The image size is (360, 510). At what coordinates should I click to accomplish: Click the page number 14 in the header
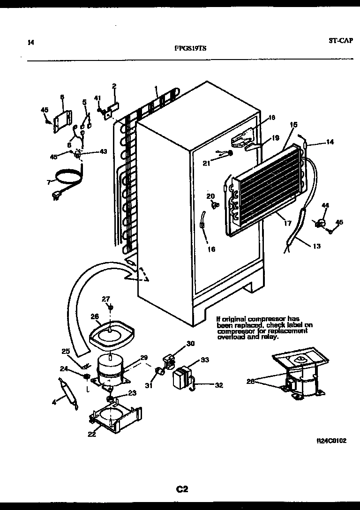click(31, 43)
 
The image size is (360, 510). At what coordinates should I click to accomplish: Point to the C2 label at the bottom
click(182, 489)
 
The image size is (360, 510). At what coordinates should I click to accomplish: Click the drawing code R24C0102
click(331, 441)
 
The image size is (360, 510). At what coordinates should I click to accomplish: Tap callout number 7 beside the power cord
click(48, 182)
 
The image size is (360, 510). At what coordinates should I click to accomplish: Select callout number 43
click(103, 151)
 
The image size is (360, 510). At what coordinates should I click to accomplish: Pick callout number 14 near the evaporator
click(330, 142)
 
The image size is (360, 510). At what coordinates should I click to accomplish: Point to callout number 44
click(325, 205)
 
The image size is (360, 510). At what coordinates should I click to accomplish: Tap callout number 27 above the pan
click(106, 299)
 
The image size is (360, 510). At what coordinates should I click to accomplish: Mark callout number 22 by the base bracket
click(91, 434)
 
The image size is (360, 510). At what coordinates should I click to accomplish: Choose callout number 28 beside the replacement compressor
click(251, 381)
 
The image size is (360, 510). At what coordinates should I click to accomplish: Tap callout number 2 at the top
click(113, 86)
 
